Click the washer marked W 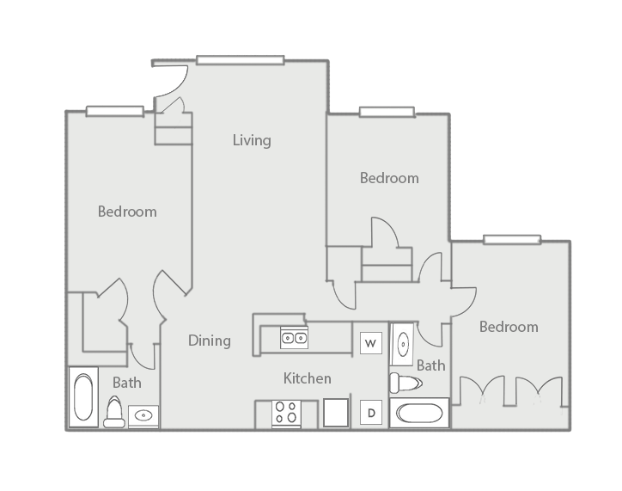pyautogui.click(x=371, y=343)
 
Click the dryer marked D pyautogui.click(x=371, y=413)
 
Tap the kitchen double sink pyautogui.click(x=294, y=338)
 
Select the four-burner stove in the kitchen pyautogui.click(x=286, y=414)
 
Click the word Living pyautogui.click(x=252, y=140)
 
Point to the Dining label pyautogui.click(x=210, y=341)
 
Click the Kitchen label pyautogui.click(x=308, y=378)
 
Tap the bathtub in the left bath pyautogui.click(x=83, y=397)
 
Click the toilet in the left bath pyautogui.click(x=114, y=412)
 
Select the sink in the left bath pyautogui.click(x=143, y=416)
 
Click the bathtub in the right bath pyautogui.click(x=419, y=414)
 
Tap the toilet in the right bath pyautogui.click(x=406, y=383)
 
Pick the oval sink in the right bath pyautogui.click(x=403, y=344)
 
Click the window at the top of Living pyautogui.click(x=241, y=60)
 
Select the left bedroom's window pyautogui.click(x=115, y=112)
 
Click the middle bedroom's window pyautogui.click(x=387, y=112)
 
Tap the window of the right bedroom pyautogui.click(x=512, y=240)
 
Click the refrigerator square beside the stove pyautogui.click(x=336, y=413)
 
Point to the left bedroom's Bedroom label pyautogui.click(x=127, y=212)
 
